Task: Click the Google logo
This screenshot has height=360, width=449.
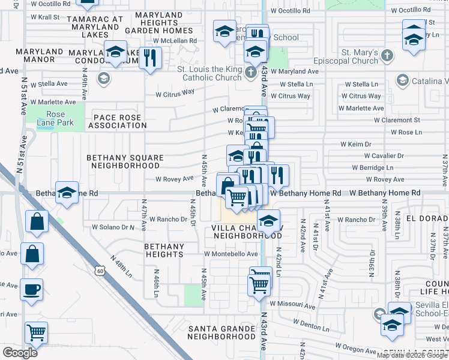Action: pos(20,353)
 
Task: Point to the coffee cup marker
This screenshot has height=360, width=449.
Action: pos(32,290)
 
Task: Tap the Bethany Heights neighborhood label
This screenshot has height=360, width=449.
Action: pos(164,250)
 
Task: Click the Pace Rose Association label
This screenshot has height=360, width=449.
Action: pos(117,121)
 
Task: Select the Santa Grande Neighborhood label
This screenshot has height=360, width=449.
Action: pos(222,332)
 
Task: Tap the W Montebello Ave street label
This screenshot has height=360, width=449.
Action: pos(231,254)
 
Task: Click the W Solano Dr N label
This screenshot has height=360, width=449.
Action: pos(113,227)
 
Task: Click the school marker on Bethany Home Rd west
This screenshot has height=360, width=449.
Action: pos(67,193)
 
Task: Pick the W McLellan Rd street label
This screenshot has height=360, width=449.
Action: pos(175,41)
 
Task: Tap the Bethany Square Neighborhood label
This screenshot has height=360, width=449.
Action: pos(125,161)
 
